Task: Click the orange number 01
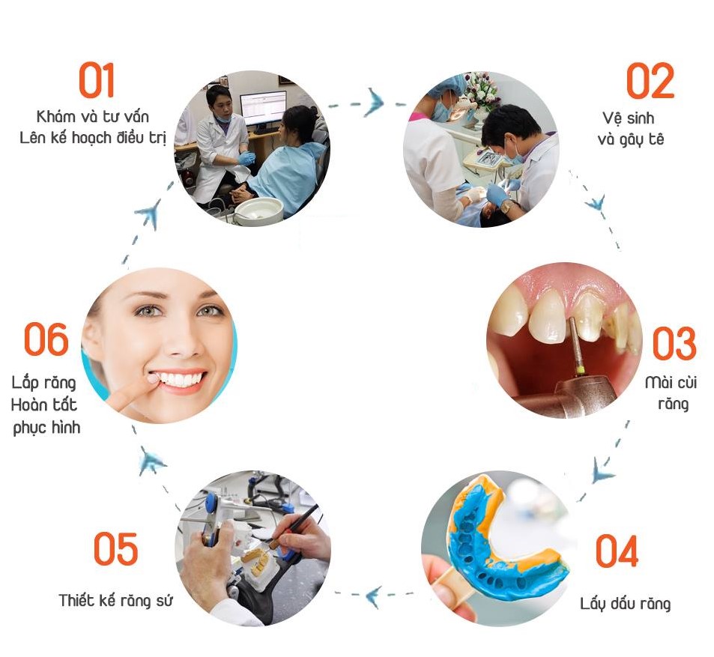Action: point(96,80)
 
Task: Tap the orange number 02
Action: point(650,81)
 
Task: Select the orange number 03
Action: point(674,343)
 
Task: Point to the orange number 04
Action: point(617,551)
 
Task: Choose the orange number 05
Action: point(115,548)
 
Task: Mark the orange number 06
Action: point(46,339)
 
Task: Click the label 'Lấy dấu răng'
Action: point(625,604)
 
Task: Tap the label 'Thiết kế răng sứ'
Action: point(115,600)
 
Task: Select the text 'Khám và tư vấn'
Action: point(92,117)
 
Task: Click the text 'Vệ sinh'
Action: point(629,118)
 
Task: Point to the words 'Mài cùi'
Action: point(671,383)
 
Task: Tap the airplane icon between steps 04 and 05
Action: point(373,596)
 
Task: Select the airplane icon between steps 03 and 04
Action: point(602,472)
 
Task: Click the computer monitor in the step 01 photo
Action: point(263,109)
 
